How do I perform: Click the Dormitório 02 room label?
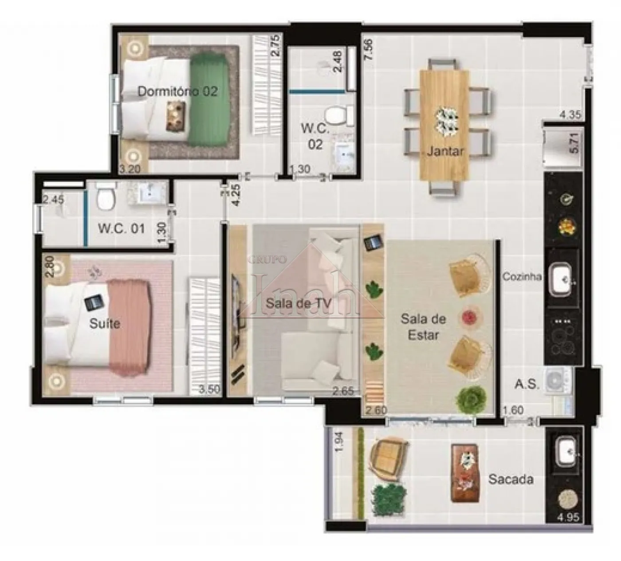point(177,91)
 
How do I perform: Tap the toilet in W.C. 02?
point(336,115)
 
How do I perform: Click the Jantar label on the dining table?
point(445,151)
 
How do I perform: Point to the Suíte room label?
point(104,323)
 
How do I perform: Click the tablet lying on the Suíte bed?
point(94,302)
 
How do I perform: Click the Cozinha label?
point(522,277)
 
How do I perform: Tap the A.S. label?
point(527,384)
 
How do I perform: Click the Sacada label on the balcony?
point(511,479)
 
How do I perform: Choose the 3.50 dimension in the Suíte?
point(209,390)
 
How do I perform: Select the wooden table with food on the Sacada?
point(464,473)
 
